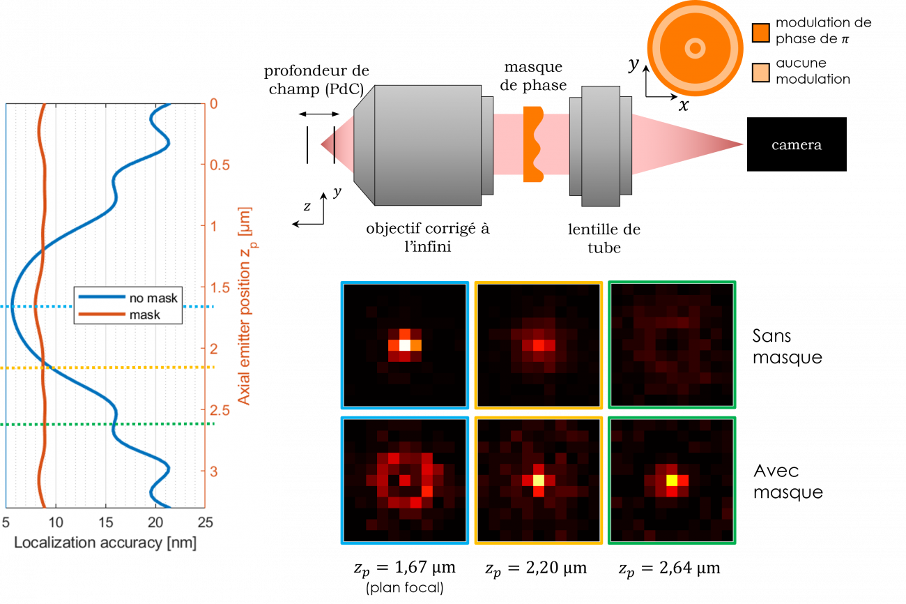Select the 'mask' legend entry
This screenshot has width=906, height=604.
144,315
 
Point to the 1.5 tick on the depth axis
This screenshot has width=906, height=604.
222,287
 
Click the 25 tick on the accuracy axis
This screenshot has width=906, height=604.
205,522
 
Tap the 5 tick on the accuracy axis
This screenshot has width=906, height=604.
6,522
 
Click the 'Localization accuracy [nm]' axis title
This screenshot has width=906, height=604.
105,542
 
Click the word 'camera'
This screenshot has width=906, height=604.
796,146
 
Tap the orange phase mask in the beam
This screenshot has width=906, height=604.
532,144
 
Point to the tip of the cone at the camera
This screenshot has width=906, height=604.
742,145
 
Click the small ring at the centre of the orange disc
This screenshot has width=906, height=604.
694,48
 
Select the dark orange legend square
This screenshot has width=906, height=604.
761,33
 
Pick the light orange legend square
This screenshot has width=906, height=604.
761,73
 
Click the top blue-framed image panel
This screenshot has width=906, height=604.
404,345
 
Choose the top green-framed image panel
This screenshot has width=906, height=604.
672,345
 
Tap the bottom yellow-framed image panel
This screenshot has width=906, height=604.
538,480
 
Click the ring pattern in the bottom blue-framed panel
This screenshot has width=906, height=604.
405,480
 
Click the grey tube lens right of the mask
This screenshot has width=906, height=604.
600,145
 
